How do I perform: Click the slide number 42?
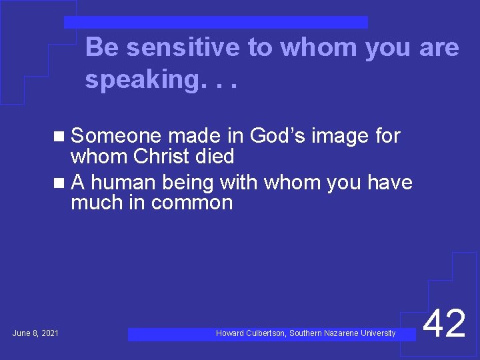pyautogui.click(x=445, y=324)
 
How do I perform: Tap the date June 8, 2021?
pyautogui.click(x=35, y=333)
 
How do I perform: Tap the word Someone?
pyautogui.click(x=116, y=136)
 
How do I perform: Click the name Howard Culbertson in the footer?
pyautogui.click(x=250, y=333)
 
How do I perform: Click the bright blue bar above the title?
pyautogui.click(x=215, y=23)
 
